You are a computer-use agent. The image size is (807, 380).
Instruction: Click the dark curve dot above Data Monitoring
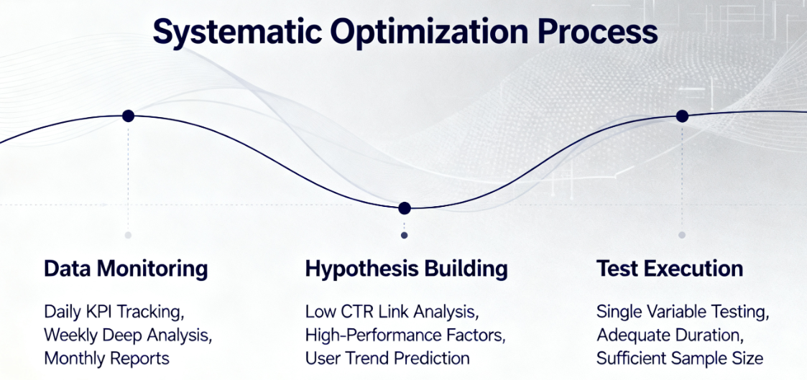(x=128, y=116)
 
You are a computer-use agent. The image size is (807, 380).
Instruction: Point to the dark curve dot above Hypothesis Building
(x=404, y=208)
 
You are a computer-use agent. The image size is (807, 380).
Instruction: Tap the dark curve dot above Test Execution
(x=682, y=116)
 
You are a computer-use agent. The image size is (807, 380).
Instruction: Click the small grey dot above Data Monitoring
(x=128, y=235)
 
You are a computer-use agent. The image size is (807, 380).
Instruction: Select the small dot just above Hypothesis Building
(x=404, y=235)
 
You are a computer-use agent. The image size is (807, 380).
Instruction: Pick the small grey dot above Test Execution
(x=682, y=235)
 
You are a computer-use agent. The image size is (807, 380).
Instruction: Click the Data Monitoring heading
(x=126, y=269)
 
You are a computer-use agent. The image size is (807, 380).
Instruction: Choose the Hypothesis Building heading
(x=406, y=269)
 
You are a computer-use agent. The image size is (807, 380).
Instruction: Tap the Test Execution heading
(x=670, y=269)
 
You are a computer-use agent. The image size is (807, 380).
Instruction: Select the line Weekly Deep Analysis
(x=128, y=335)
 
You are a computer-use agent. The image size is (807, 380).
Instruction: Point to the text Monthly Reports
(x=106, y=358)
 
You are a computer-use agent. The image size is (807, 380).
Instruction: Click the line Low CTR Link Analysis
(x=390, y=312)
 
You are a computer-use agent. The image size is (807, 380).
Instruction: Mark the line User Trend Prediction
(x=387, y=358)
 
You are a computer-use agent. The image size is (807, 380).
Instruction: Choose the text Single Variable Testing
(x=683, y=312)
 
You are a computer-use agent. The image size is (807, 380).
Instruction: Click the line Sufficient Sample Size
(x=680, y=358)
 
